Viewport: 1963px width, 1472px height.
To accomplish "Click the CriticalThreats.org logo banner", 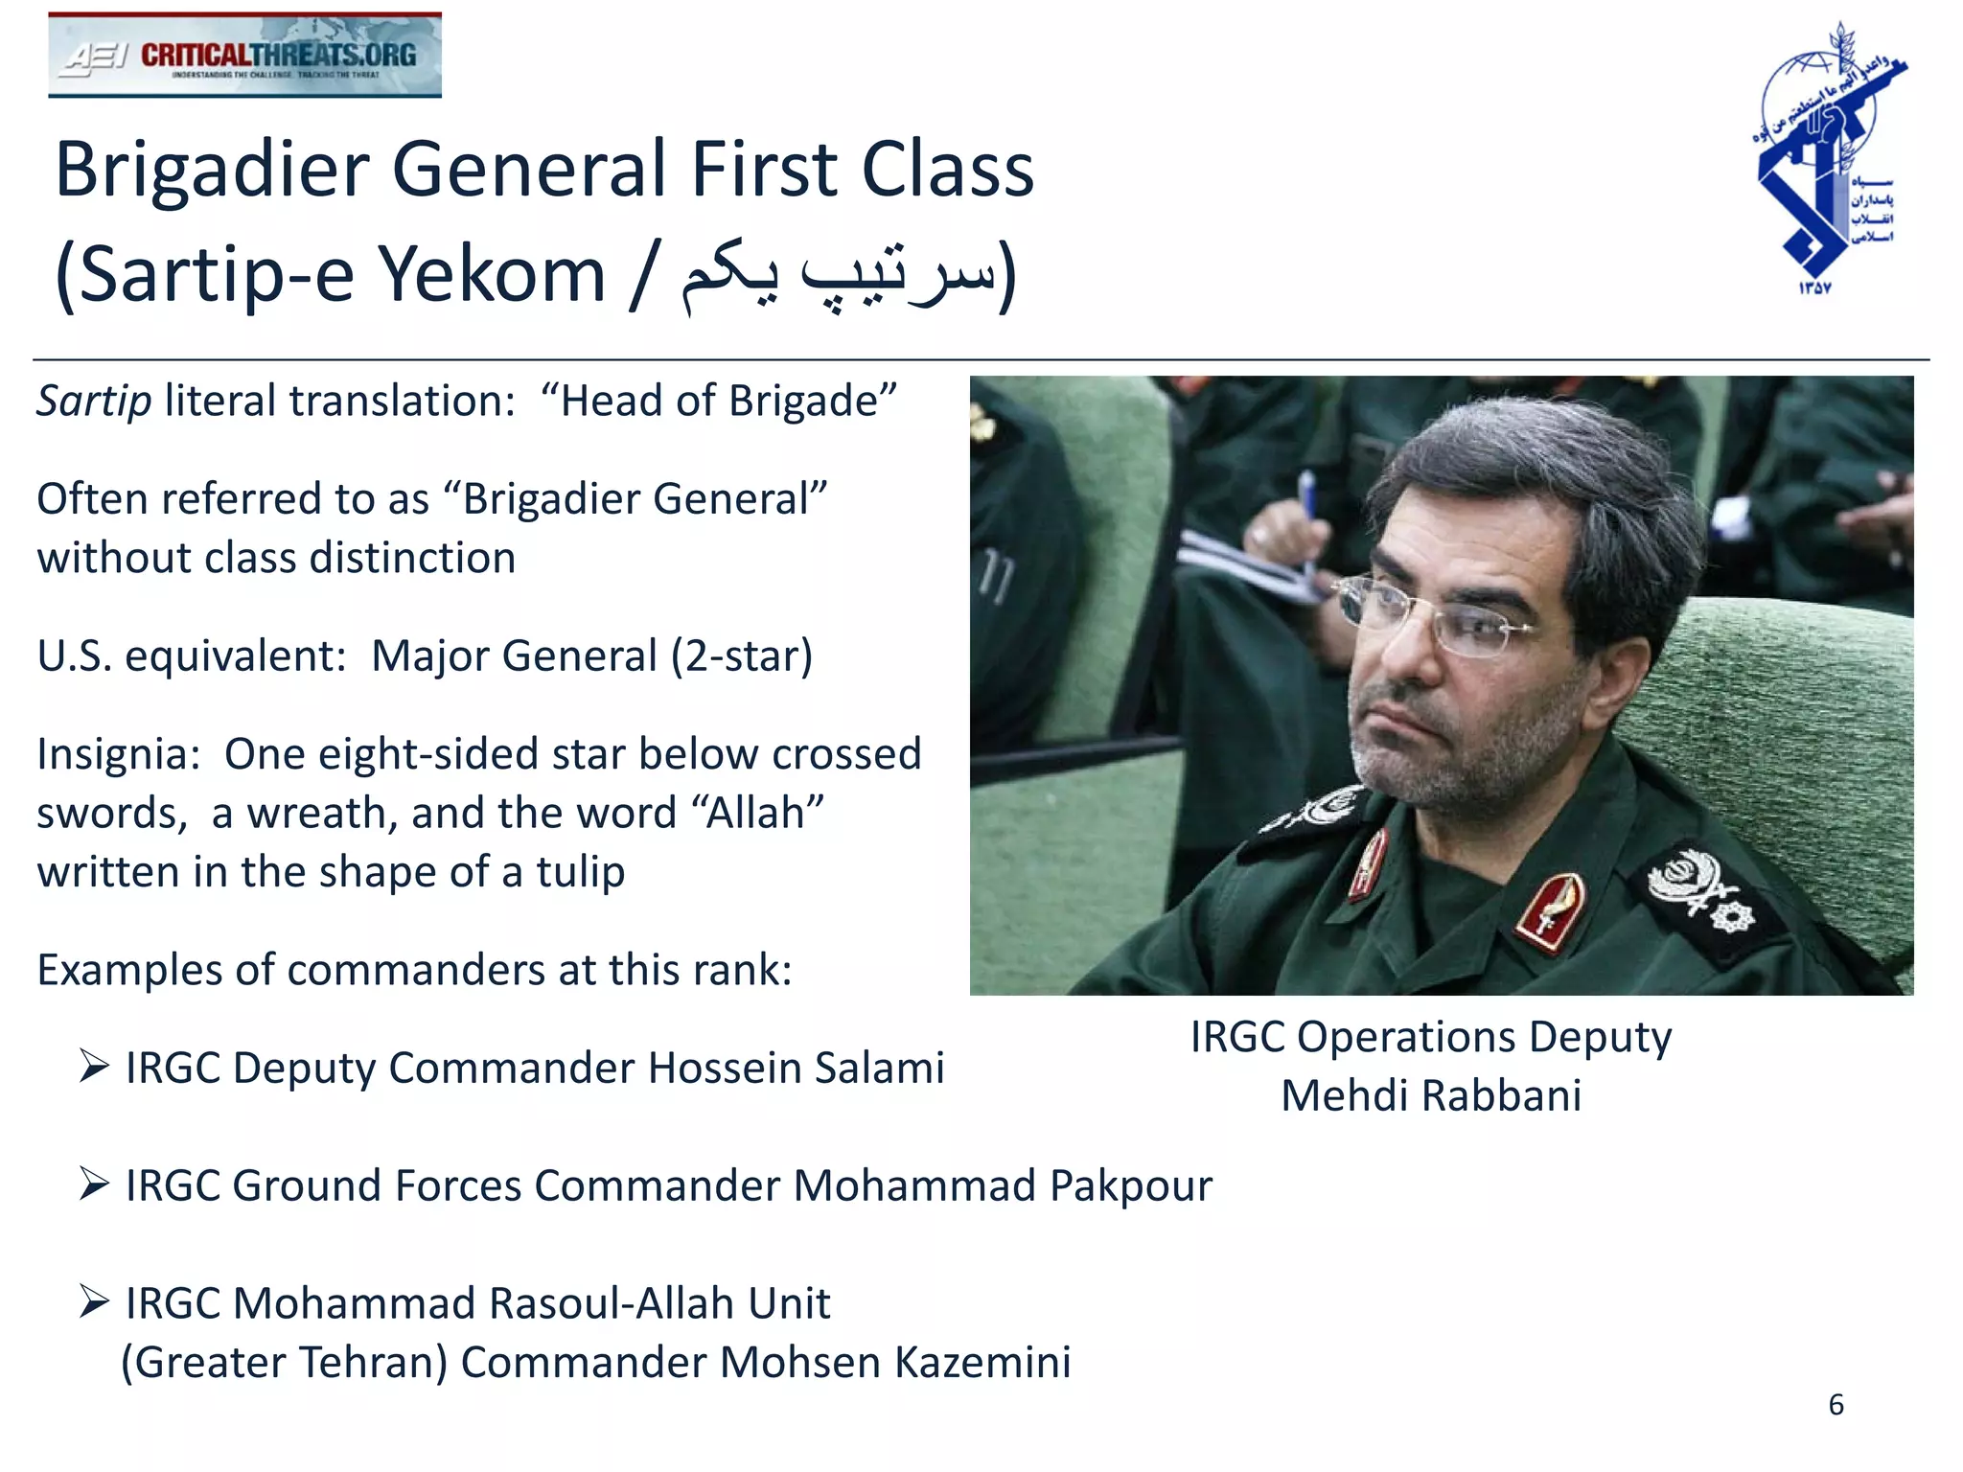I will click(244, 56).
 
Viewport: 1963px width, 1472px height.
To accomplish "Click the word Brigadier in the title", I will click(212, 170).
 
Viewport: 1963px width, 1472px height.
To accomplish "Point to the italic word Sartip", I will click(94, 401).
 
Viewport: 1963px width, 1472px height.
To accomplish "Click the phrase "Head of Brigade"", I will click(719, 401).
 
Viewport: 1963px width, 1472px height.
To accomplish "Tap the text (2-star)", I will click(741, 656).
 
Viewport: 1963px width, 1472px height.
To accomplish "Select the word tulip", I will click(580, 872).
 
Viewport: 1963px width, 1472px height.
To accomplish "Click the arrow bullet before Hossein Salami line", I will click(94, 1065).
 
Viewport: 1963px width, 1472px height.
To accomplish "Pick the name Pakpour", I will click(1130, 1186).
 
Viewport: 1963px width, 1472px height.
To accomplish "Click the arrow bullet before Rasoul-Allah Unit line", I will click(94, 1301).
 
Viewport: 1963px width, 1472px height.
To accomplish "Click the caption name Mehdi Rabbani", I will click(1430, 1095).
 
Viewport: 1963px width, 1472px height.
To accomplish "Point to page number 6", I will click(1836, 1405).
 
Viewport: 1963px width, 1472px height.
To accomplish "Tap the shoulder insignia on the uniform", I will click(1706, 891).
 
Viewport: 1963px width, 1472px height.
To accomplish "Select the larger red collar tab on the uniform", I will click(1550, 910).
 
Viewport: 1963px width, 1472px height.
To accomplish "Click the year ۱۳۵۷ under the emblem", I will click(1814, 287).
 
